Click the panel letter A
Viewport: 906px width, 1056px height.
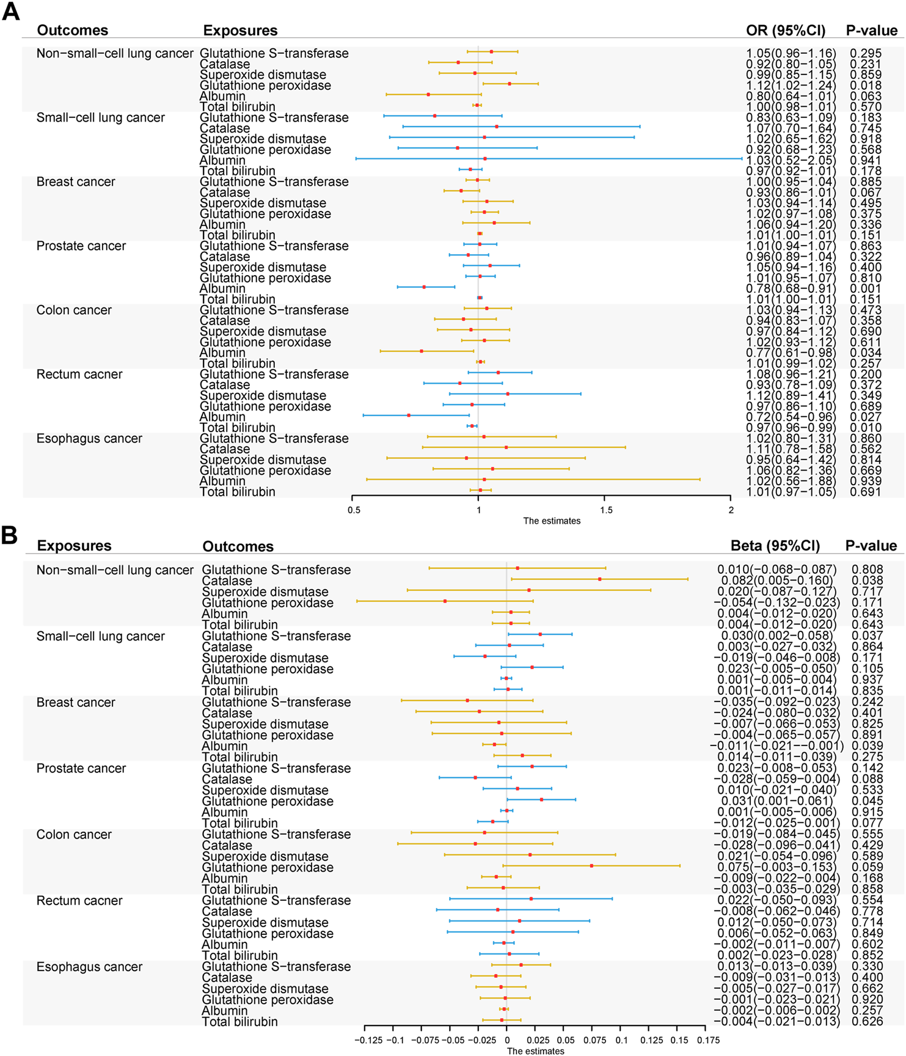click(x=11, y=12)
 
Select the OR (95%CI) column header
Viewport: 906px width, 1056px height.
click(x=785, y=31)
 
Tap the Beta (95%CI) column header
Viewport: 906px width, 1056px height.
click(x=775, y=546)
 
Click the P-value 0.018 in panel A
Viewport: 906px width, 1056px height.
click(x=865, y=86)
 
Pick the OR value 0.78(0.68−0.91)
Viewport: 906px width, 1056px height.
click(x=791, y=288)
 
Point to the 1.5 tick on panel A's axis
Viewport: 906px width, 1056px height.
click(x=605, y=510)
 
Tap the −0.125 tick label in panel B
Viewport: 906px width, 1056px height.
click(x=368, y=1039)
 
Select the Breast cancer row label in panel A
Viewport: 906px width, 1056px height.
click(x=76, y=182)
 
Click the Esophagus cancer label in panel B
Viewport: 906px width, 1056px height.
click(x=89, y=967)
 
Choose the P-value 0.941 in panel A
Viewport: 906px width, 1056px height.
click(x=865, y=161)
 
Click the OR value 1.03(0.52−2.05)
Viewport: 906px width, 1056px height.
click(x=791, y=161)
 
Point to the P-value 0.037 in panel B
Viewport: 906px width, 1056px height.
click(x=867, y=636)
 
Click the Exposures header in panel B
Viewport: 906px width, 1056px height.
click(x=74, y=546)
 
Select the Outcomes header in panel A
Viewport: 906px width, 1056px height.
click(x=72, y=31)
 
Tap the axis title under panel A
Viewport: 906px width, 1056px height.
click(x=552, y=521)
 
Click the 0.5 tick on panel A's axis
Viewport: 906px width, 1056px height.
click(x=354, y=510)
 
